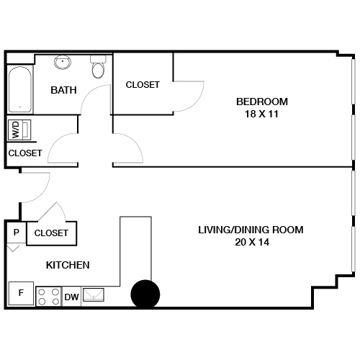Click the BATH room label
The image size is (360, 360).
click(64, 91)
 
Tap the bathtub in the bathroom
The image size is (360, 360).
click(19, 89)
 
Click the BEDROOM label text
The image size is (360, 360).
click(262, 101)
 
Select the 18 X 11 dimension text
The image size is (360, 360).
click(262, 114)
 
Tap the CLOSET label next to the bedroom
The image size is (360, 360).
click(143, 85)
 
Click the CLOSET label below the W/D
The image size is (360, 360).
click(24, 153)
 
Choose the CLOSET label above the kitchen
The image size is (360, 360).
click(51, 233)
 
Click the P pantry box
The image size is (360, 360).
click(16, 233)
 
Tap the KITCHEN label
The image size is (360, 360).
click(68, 265)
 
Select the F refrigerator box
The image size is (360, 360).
click(20, 294)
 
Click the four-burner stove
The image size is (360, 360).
click(48, 296)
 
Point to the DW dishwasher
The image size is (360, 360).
click(72, 297)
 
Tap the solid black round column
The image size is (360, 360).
click(145, 294)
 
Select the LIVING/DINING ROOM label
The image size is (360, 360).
click(251, 230)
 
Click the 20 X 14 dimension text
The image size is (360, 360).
click(251, 243)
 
